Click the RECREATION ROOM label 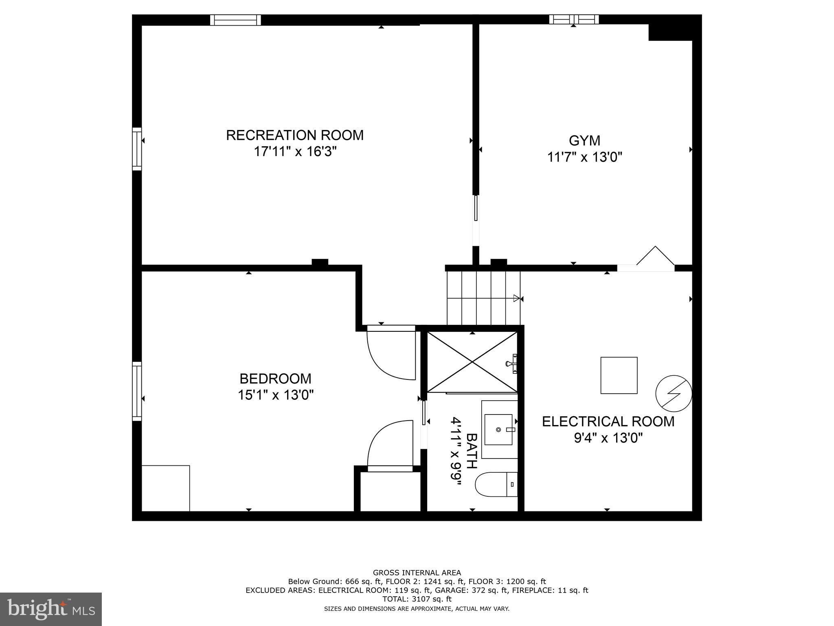click(294, 135)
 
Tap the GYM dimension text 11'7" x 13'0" click(584, 157)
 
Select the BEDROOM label click(275, 379)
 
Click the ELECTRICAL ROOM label click(608, 421)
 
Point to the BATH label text click(471, 451)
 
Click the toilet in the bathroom click(495, 484)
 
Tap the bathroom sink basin click(498, 430)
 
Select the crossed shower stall click(472, 361)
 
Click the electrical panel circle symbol click(674, 393)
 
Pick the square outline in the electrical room click(619, 375)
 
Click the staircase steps click(483, 298)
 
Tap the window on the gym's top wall click(574, 19)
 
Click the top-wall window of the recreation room click(235, 20)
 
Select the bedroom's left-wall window click(137, 391)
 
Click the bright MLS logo click(50, 609)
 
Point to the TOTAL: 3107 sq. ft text click(417, 599)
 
